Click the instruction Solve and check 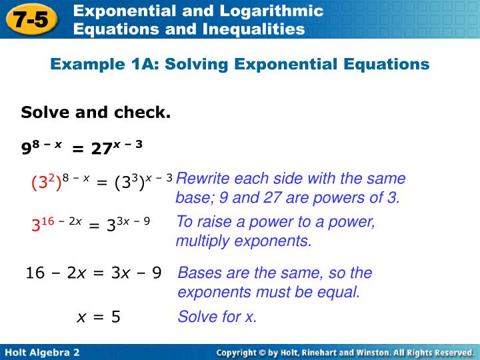coord(96,113)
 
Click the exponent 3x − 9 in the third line coord(137,221)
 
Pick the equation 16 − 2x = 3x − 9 coord(93,273)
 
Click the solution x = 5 coord(99,317)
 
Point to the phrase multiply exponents coord(243,241)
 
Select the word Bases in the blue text coord(198,273)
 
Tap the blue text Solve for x coord(217,317)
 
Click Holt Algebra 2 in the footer coord(42,352)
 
